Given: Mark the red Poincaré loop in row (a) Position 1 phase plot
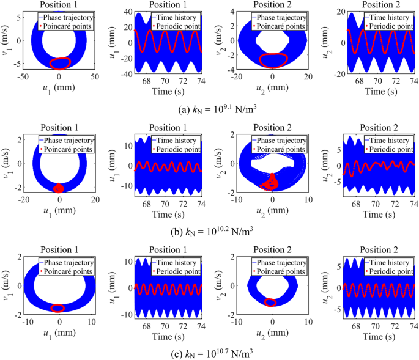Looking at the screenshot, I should click(x=59, y=63).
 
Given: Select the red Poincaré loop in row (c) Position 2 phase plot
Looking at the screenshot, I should click(x=270, y=302).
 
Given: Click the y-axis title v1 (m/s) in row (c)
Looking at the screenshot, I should click(x=7, y=287).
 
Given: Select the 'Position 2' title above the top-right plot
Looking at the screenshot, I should click(x=378, y=5).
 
